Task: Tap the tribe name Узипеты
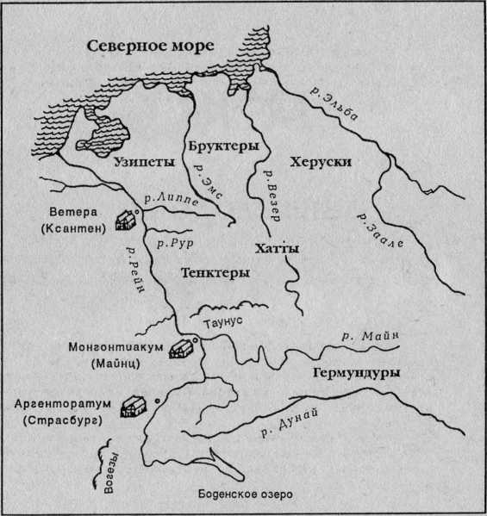[x=144, y=161]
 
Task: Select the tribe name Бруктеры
[x=223, y=147]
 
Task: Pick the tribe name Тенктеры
[x=215, y=273]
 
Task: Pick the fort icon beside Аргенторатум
[x=134, y=405]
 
